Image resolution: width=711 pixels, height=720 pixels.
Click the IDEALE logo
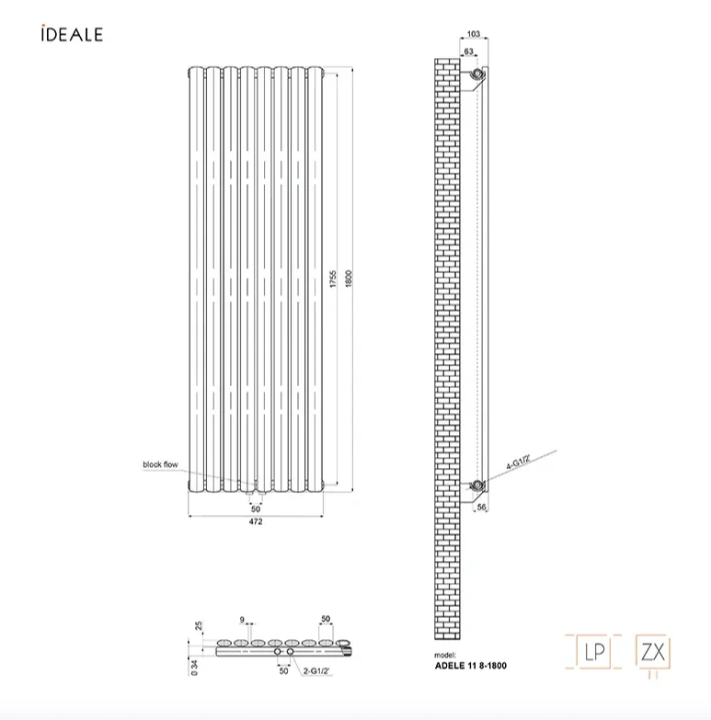72,33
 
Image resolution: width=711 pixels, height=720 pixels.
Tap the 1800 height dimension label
349,280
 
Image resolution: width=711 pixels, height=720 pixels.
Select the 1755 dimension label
333,280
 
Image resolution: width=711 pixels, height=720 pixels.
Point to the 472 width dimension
256,521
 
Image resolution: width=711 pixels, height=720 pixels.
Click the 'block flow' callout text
160,464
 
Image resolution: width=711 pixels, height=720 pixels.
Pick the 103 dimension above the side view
474,33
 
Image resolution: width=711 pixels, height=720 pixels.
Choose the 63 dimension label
468,51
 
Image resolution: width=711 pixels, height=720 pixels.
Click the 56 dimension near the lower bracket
481,507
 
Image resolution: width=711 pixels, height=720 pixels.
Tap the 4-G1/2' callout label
519,462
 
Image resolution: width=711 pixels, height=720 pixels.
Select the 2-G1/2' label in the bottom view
316,671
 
